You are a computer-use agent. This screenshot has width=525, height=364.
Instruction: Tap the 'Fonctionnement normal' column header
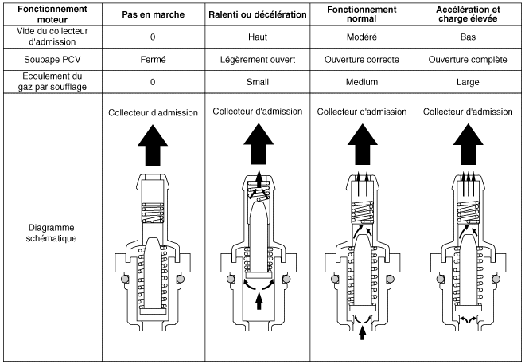coord(362,15)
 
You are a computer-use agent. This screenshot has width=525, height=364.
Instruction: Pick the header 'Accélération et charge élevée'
coord(467,15)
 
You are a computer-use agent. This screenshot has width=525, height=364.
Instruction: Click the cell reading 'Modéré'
coord(362,37)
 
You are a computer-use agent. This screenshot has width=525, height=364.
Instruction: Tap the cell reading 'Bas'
coord(467,37)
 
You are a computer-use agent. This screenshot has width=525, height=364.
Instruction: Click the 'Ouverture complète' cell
coord(467,59)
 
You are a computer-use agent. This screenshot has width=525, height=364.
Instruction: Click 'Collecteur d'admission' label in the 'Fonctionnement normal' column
coord(361,112)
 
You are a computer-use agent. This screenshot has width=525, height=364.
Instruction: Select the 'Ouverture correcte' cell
coord(362,59)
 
